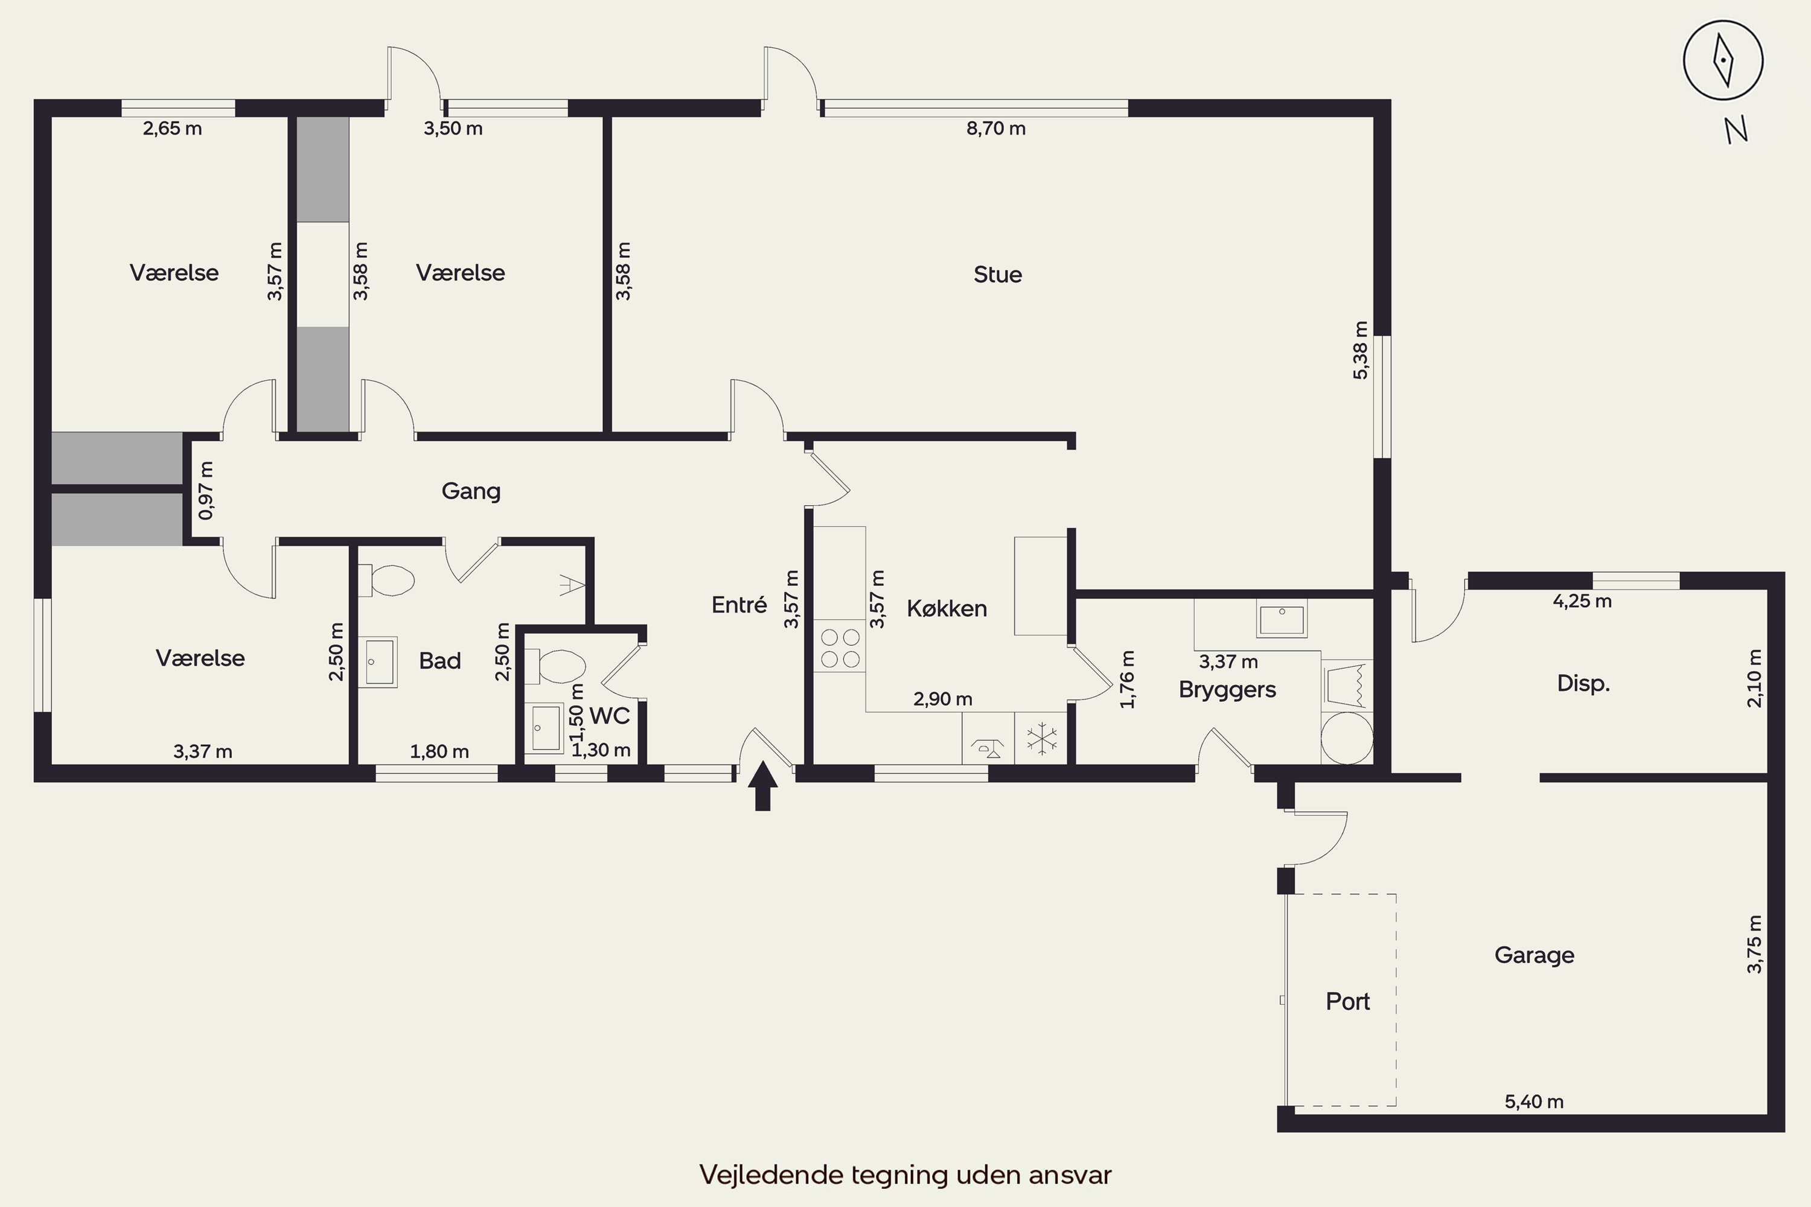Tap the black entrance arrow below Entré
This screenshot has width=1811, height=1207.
click(x=762, y=785)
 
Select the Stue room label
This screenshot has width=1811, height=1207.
click(x=997, y=275)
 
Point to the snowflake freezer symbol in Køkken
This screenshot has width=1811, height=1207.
click(x=1041, y=737)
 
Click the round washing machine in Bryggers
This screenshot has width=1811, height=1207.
click(x=1347, y=737)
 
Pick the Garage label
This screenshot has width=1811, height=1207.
click(x=1534, y=955)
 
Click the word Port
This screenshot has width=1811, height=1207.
click(x=1347, y=1001)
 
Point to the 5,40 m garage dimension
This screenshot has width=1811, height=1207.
click(x=1534, y=1101)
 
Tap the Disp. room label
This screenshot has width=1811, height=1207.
click(x=1583, y=684)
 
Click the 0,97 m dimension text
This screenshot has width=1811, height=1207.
click(x=206, y=490)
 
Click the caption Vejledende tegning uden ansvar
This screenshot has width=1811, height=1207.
click(x=905, y=1174)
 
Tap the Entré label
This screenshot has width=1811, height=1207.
click(x=739, y=605)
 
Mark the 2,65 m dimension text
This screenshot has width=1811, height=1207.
click(x=173, y=129)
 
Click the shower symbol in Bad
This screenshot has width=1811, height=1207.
click(x=570, y=585)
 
